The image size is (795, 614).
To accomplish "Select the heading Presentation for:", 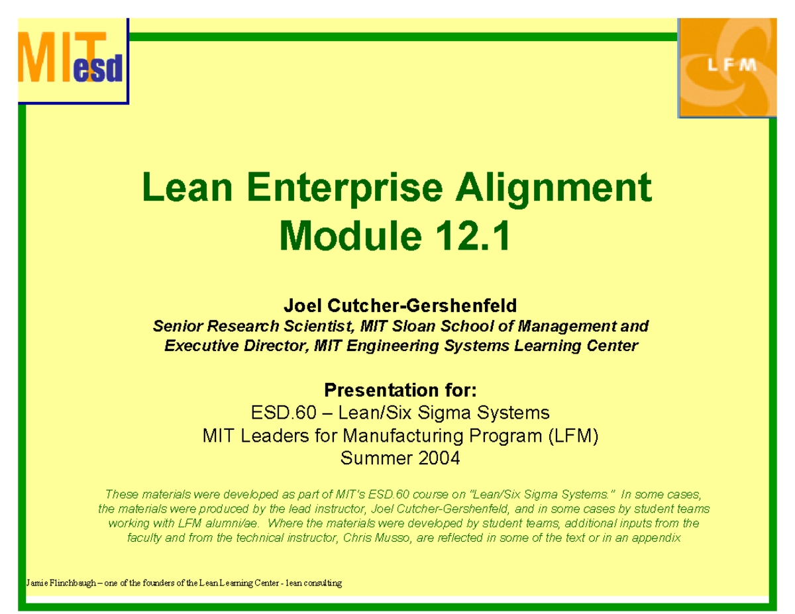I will pos(399,388).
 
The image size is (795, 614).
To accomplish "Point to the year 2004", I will pos(435,458).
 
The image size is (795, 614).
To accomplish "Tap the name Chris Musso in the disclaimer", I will pos(375,538).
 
